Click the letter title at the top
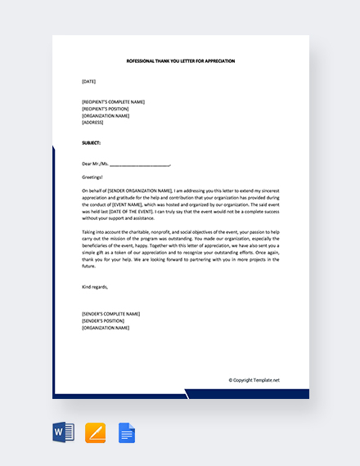(180, 60)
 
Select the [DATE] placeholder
(89, 81)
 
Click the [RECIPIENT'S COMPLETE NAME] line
(113, 102)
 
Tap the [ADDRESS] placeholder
(92, 122)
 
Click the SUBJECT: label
(92, 142)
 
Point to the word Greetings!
(92, 177)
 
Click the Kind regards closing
(95, 287)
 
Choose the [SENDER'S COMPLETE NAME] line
(110, 314)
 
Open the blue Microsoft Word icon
(63, 432)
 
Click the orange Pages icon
(96, 432)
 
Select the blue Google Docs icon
(126, 432)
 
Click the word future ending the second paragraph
(88, 266)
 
